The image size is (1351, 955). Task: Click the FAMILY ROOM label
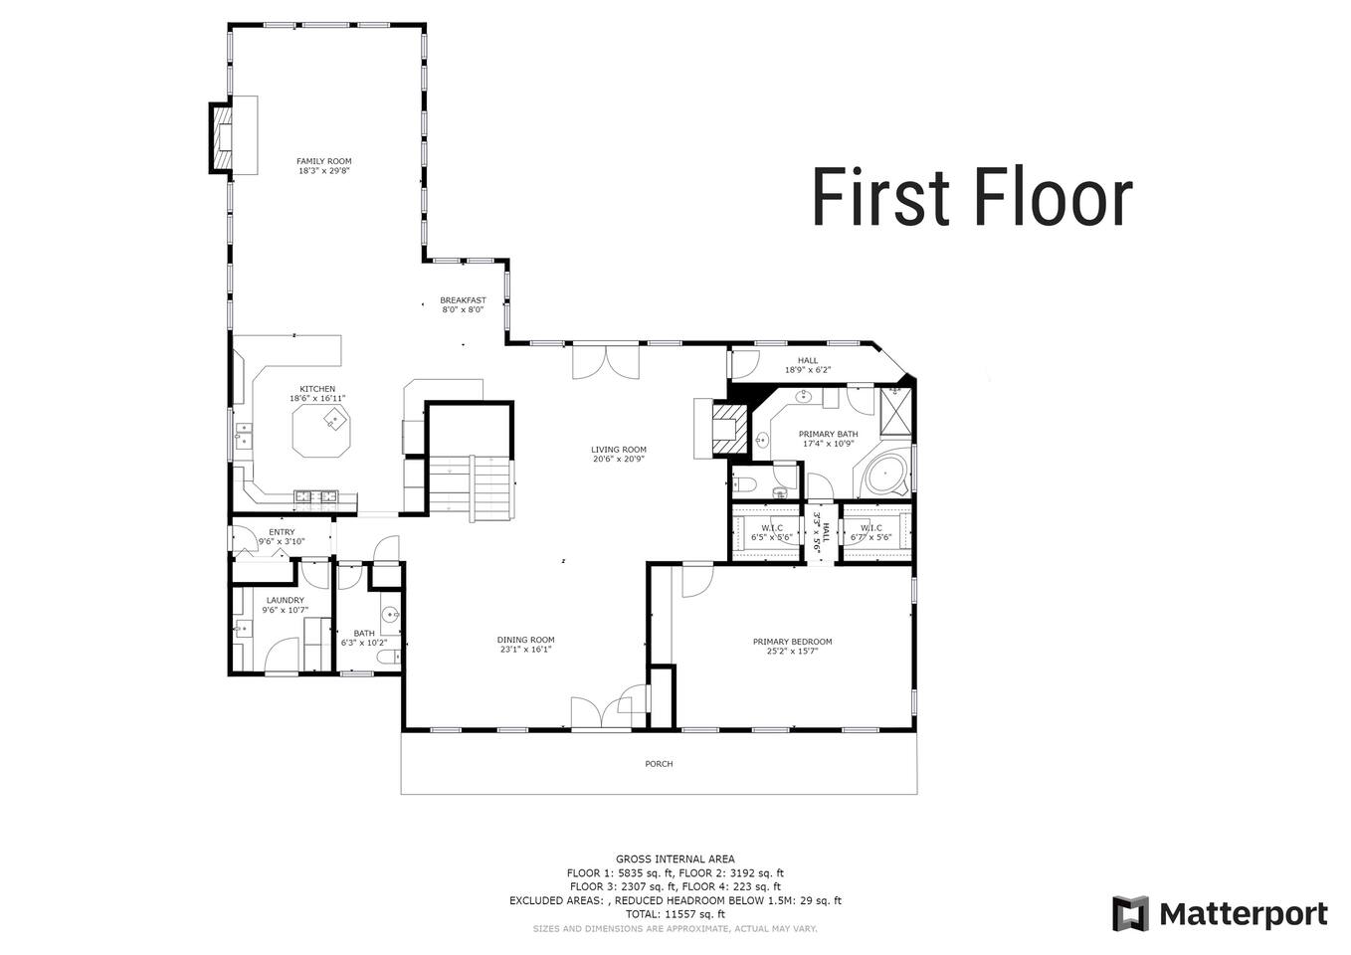pos(324,161)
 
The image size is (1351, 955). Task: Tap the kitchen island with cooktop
pos(321,431)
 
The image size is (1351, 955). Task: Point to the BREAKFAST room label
pos(463,300)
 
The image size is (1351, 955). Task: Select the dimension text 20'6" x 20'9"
pos(618,459)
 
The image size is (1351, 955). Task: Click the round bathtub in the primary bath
pos(884,476)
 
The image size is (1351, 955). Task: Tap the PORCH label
pos(659,764)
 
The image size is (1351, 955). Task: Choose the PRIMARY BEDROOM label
pos(793,642)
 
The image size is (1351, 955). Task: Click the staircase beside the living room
pos(472,487)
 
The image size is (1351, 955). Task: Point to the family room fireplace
pos(221,138)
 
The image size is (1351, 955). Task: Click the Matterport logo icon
pos(1130,913)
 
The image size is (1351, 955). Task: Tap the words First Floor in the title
pos(972,197)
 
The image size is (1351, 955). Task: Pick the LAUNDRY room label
pos(286,600)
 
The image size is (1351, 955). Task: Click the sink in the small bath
pos(391,615)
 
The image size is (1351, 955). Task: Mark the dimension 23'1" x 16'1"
pos(526,650)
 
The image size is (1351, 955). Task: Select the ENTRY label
pos(282,532)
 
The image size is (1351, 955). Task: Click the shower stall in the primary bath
pos(895,411)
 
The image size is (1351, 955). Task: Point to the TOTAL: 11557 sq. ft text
pos(675,913)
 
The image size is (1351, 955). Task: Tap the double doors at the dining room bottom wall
pos(601,714)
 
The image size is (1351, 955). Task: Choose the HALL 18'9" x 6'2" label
pos(808,365)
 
